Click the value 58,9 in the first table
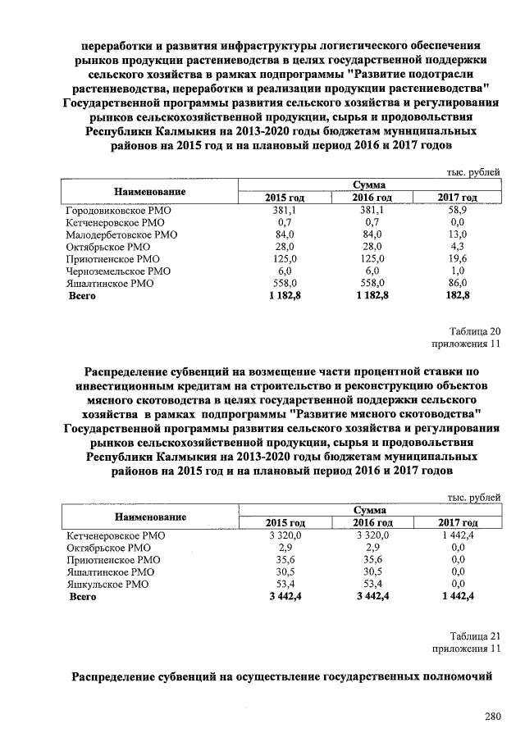pos(458,210)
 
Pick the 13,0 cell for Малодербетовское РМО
pos(458,234)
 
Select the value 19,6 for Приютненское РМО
pos(458,258)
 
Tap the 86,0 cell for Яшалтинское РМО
pos(458,282)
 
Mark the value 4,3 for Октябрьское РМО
pos(458,246)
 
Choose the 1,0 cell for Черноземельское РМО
pos(458,270)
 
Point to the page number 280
pos(491,717)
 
